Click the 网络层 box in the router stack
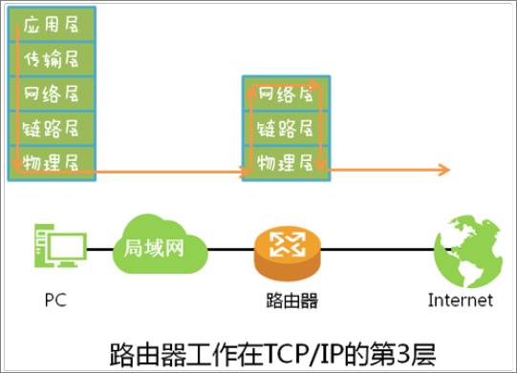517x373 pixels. click(x=286, y=93)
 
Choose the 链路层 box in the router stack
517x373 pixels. click(x=286, y=127)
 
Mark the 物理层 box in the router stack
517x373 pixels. click(x=286, y=159)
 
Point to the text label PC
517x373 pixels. click(x=55, y=300)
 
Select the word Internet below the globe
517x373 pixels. click(x=461, y=300)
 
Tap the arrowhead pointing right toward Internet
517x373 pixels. click(x=443, y=171)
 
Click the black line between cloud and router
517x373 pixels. click(x=229, y=250)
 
